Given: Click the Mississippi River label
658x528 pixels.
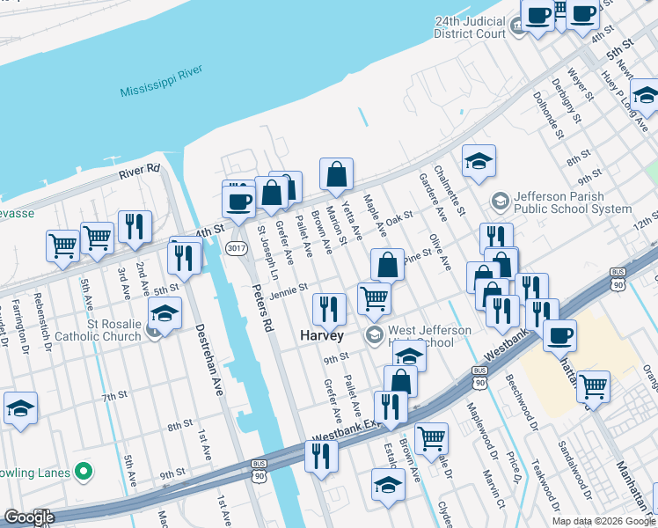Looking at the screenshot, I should point(162,82).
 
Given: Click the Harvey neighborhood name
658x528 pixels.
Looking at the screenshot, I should point(321,335).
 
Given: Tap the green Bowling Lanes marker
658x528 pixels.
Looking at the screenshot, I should point(84,473).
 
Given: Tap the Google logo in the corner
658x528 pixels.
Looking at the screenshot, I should point(29,517).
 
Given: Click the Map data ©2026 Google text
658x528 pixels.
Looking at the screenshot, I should point(603,521).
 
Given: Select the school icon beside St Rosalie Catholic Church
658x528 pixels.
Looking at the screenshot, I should point(164,312).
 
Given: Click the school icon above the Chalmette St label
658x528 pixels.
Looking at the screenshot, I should point(479,161).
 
